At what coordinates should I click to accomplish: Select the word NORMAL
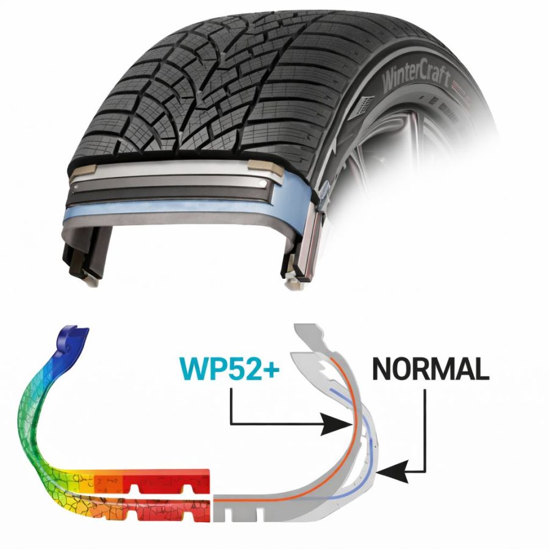[x=430, y=369]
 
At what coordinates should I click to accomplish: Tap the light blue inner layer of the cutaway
[x=183, y=213]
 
